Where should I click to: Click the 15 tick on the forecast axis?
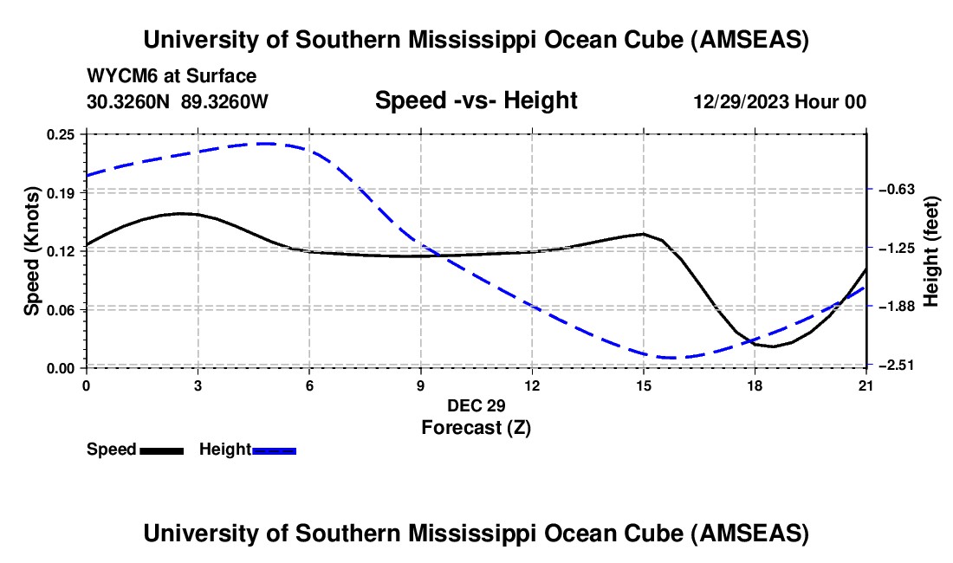[643, 385]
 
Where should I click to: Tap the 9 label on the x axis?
[420, 385]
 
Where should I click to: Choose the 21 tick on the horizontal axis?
[866, 385]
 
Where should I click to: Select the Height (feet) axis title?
[931, 250]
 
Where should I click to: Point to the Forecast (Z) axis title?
[476, 427]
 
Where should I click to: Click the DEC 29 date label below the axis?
[476, 405]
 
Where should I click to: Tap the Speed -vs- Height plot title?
[476, 100]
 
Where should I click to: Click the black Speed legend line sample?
[161, 450]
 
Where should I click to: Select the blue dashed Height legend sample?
[274, 450]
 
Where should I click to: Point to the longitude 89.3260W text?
[224, 101]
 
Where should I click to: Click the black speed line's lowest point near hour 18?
[773, 346]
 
